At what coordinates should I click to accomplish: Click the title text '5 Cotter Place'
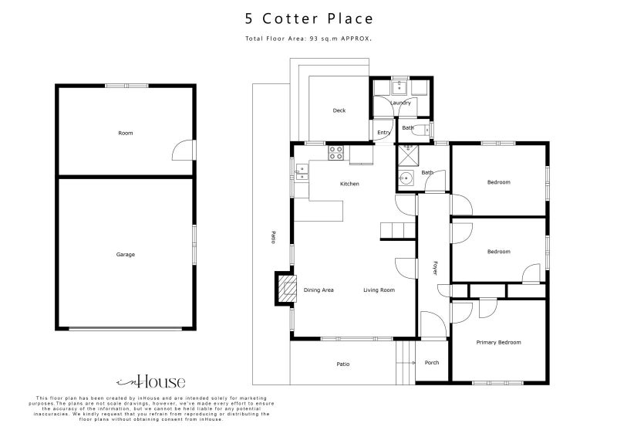coord(308,19)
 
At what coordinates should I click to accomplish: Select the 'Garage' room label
coord(125,254)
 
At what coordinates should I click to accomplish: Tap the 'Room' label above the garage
coord(125,133)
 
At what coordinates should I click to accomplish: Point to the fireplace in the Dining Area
coord(286,290)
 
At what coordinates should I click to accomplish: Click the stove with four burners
coord(335,153)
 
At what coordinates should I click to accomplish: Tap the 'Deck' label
coord(339,110)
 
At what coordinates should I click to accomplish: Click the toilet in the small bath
coord(426,128)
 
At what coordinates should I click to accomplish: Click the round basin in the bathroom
coord(406,179)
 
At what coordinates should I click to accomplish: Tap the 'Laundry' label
coord(400,102)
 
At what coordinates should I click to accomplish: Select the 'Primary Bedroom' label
coord(498,342)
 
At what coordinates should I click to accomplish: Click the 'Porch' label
coord(432,362)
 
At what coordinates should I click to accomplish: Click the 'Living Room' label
coord(379,290)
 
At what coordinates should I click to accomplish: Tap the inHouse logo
coord(150,381)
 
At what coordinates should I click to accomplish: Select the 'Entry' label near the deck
coord(383,132)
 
